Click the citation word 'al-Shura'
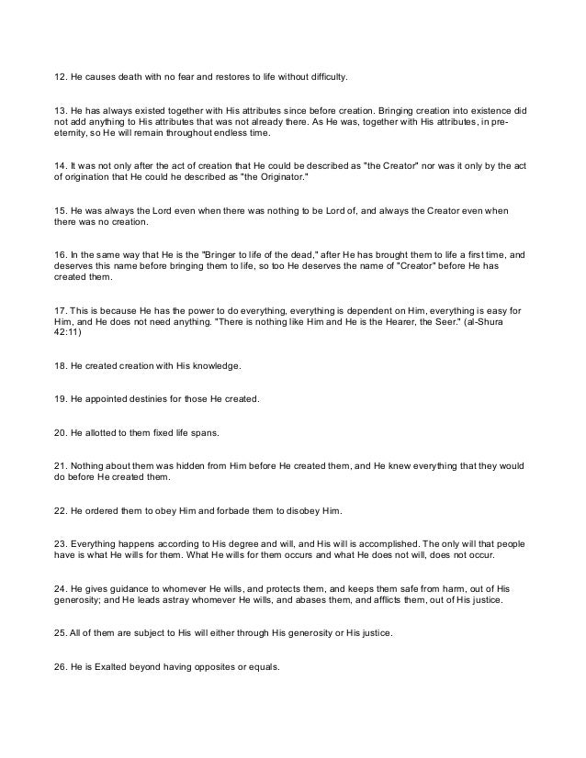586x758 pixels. (501, 321)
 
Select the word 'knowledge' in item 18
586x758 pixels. (214, 366)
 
